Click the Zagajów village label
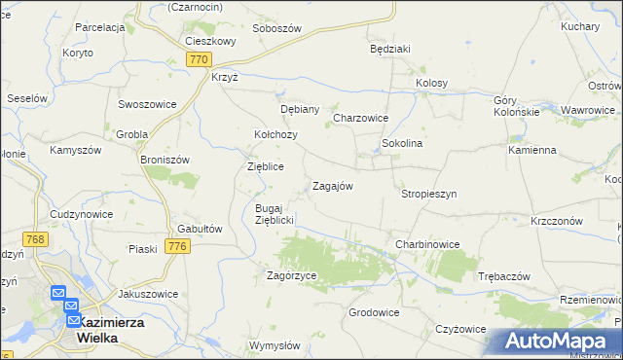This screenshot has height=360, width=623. point(331,186)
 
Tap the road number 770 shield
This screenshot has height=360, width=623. point(199,60)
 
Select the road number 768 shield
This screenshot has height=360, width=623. point(36,239)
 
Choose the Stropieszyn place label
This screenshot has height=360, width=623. point(428,194)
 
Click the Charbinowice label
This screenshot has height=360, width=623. point(426,243)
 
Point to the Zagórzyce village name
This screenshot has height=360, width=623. point(292,276)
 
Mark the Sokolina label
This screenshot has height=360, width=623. point(401,143)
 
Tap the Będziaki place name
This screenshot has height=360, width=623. point(390,48)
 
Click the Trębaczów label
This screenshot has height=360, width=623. point(504,276)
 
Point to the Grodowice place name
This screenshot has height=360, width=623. point(374,313)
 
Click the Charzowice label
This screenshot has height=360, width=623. point(361,118)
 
